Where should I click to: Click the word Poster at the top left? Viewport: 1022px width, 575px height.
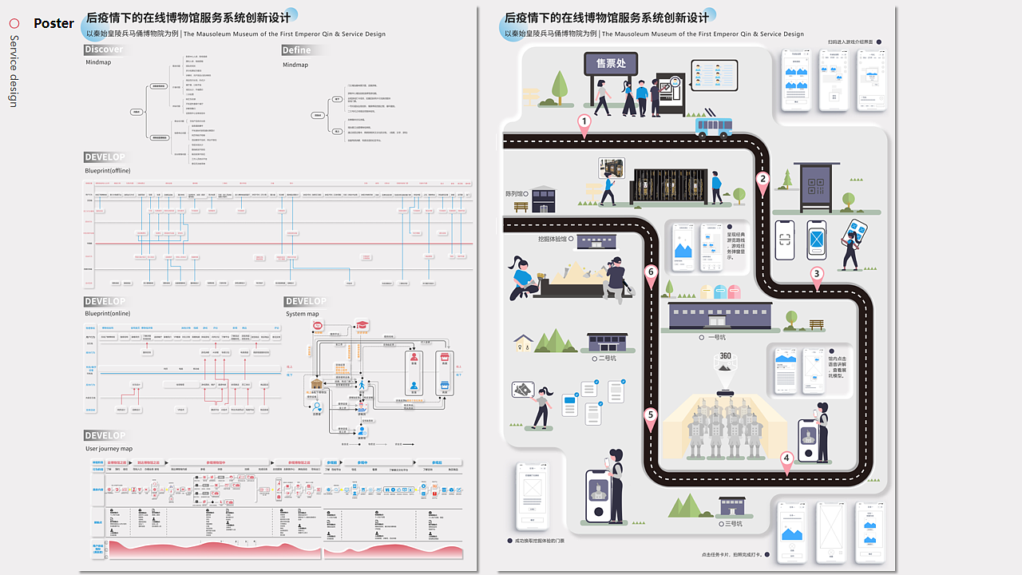53,24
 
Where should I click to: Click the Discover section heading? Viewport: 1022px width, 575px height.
104,50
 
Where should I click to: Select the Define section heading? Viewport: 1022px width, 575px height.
296,50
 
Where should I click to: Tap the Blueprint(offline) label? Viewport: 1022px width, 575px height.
108,171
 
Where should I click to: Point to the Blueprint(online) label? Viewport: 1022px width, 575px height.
107,314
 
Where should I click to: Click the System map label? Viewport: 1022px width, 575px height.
303,314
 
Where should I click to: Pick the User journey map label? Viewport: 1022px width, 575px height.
109,449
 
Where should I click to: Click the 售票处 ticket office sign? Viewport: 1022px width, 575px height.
610,63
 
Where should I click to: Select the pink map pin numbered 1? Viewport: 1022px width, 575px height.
584,123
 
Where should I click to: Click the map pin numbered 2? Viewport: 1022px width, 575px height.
763,180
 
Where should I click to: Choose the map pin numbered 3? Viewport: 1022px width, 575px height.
816,275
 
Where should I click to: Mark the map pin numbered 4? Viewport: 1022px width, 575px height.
786,459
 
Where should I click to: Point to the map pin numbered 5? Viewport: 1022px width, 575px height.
651,416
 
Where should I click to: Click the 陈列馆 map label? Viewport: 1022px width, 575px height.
518,193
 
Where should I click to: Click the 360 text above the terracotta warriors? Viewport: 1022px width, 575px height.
725,356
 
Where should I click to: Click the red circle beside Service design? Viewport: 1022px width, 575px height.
14,24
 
